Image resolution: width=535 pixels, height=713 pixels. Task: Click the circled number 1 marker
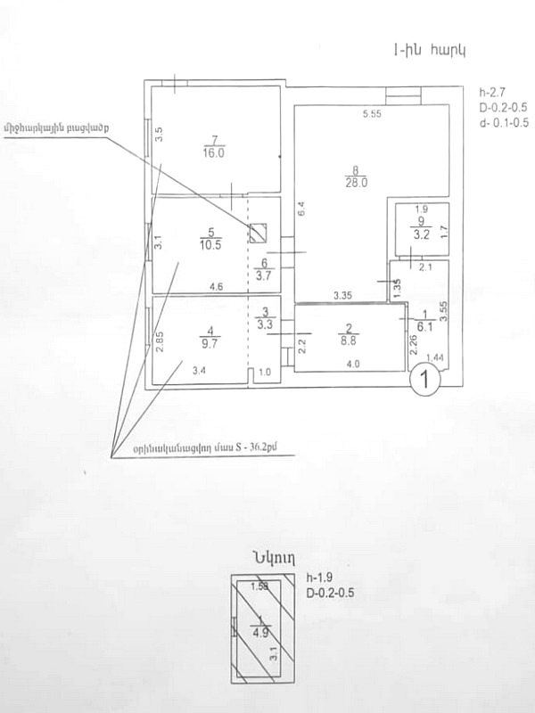click(x=427, y=381)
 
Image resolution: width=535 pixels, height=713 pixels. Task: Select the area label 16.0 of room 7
click(x=211, y=152)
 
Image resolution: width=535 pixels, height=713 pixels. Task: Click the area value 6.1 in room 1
click(x=426, y=327)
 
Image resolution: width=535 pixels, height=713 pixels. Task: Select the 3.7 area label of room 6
click(x=263, y=276)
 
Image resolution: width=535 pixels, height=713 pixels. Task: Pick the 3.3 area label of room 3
click(x=261, y=325)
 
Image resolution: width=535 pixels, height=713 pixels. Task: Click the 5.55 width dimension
click(x=372, y=114)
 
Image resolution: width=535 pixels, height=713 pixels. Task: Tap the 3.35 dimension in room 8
click(x=345, y=295)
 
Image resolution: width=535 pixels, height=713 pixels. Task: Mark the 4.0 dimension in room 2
click(x=354, y=364)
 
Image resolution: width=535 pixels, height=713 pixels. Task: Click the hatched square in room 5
click(x=258, y=233)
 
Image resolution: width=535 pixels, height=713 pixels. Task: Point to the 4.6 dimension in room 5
click(x=216, y=287)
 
